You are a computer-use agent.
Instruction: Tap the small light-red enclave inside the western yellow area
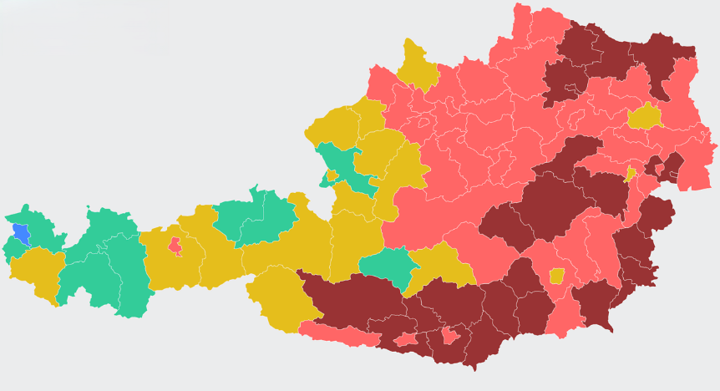175,246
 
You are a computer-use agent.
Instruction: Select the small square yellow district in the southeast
556,276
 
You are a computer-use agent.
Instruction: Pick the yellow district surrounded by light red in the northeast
645,115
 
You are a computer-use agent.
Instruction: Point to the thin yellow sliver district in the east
631,175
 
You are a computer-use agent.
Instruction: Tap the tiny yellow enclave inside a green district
332,175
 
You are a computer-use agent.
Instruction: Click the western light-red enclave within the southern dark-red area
407,339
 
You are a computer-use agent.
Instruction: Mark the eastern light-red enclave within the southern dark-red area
451,336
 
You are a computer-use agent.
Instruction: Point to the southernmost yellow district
280,297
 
